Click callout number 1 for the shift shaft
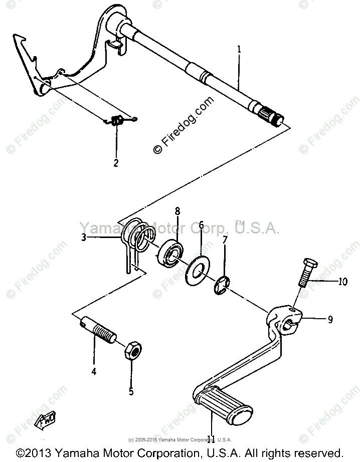tap(239, 50)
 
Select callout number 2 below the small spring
tap(116, 163)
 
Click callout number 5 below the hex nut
tap(131, 391)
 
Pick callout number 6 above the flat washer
tap(201, 225)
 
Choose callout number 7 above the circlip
tap(225, 241)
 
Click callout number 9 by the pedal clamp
tap(330, 318)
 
